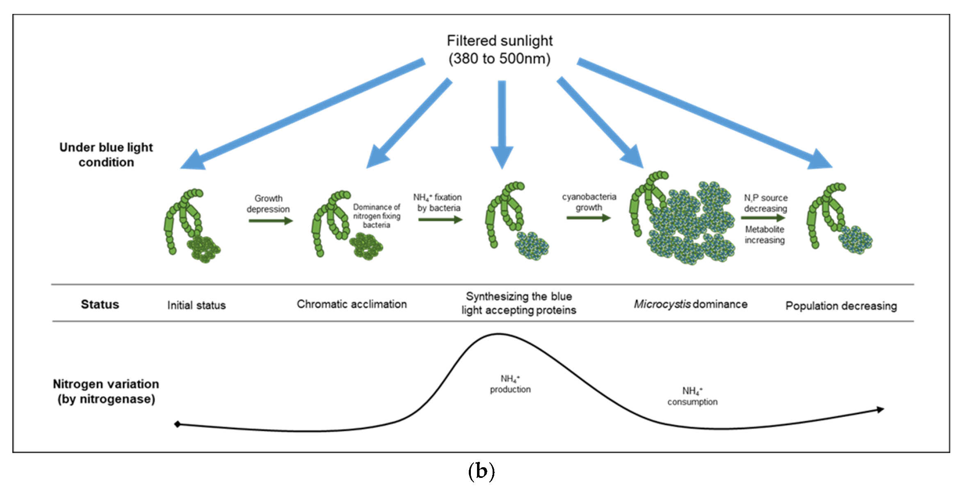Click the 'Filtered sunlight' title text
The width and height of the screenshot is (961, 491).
click(x=499, y=41)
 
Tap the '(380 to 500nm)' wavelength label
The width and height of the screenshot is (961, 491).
click(x=499, y=59)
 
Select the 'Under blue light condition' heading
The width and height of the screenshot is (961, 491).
click(x=106, y=155)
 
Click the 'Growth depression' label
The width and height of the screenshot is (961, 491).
click(x=268, y=204)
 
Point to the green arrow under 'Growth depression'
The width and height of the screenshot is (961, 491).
click(x=271, y=221)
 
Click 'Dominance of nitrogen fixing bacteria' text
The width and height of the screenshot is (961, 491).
click(x=377, y=216)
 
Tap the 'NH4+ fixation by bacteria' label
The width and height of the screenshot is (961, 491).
click(x=438, y=203)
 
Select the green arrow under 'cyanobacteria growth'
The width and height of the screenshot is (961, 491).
click(x=588, y=218)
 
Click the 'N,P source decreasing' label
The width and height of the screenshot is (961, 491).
click(x=765, y=203)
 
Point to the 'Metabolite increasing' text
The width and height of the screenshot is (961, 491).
click(x=765, y=234)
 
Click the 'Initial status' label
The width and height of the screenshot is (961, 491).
click(x=196, y=305)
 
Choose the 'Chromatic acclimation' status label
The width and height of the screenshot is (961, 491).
click(x=352, y=304)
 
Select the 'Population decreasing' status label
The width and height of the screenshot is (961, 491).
click(x=841, y=306)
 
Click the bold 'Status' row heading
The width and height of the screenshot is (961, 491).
click(x=100, y=305)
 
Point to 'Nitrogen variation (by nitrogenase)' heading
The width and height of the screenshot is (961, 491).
click(x=106, y=391)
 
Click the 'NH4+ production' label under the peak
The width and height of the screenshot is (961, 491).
click(x=510, y=384)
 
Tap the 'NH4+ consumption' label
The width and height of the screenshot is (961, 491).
click(x=692, y=396)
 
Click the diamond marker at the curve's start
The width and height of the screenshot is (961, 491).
click(x=177, y=424)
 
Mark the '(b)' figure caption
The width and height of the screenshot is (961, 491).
click(x=481, y=472)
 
